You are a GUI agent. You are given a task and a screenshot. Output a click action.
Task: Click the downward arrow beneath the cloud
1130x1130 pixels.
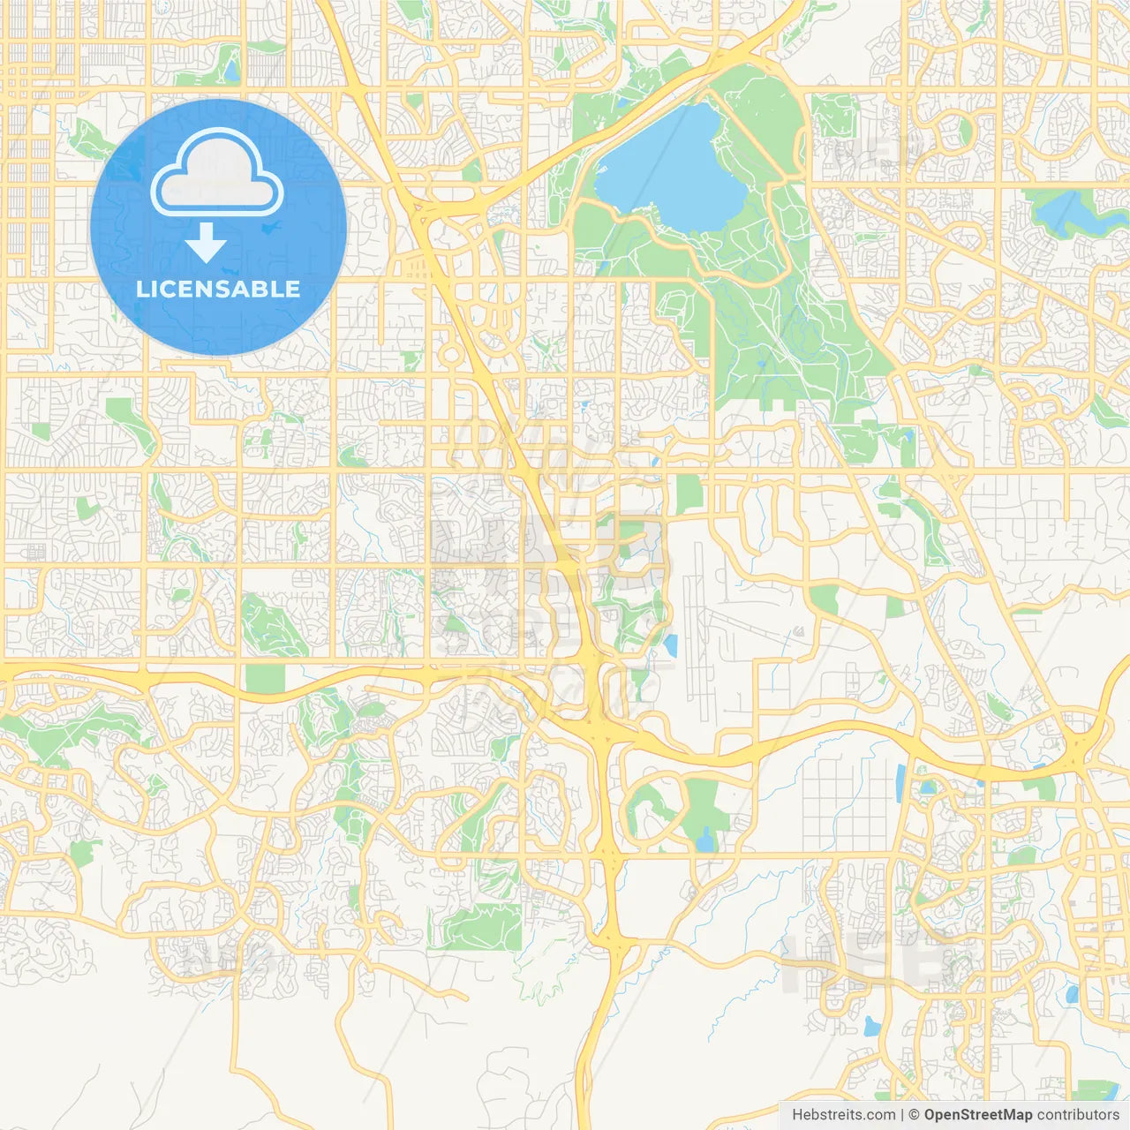click(206, 243)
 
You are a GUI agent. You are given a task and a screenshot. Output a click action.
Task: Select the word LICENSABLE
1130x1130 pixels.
click(218, 289)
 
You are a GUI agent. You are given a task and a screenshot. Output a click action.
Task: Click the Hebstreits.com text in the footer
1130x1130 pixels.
click(843, 1115)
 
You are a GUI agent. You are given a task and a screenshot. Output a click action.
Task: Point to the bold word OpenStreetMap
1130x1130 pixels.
click(977, 1115)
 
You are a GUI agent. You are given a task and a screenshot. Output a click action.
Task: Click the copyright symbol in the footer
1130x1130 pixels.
click(915, 1115)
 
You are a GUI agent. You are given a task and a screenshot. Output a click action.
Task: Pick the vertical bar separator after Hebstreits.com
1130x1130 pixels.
click(902, 1115)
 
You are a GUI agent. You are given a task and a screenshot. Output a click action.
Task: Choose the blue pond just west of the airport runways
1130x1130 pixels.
click(671, 646)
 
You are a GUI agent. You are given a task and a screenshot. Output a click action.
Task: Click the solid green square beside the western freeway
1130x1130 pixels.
click(266, 678)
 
